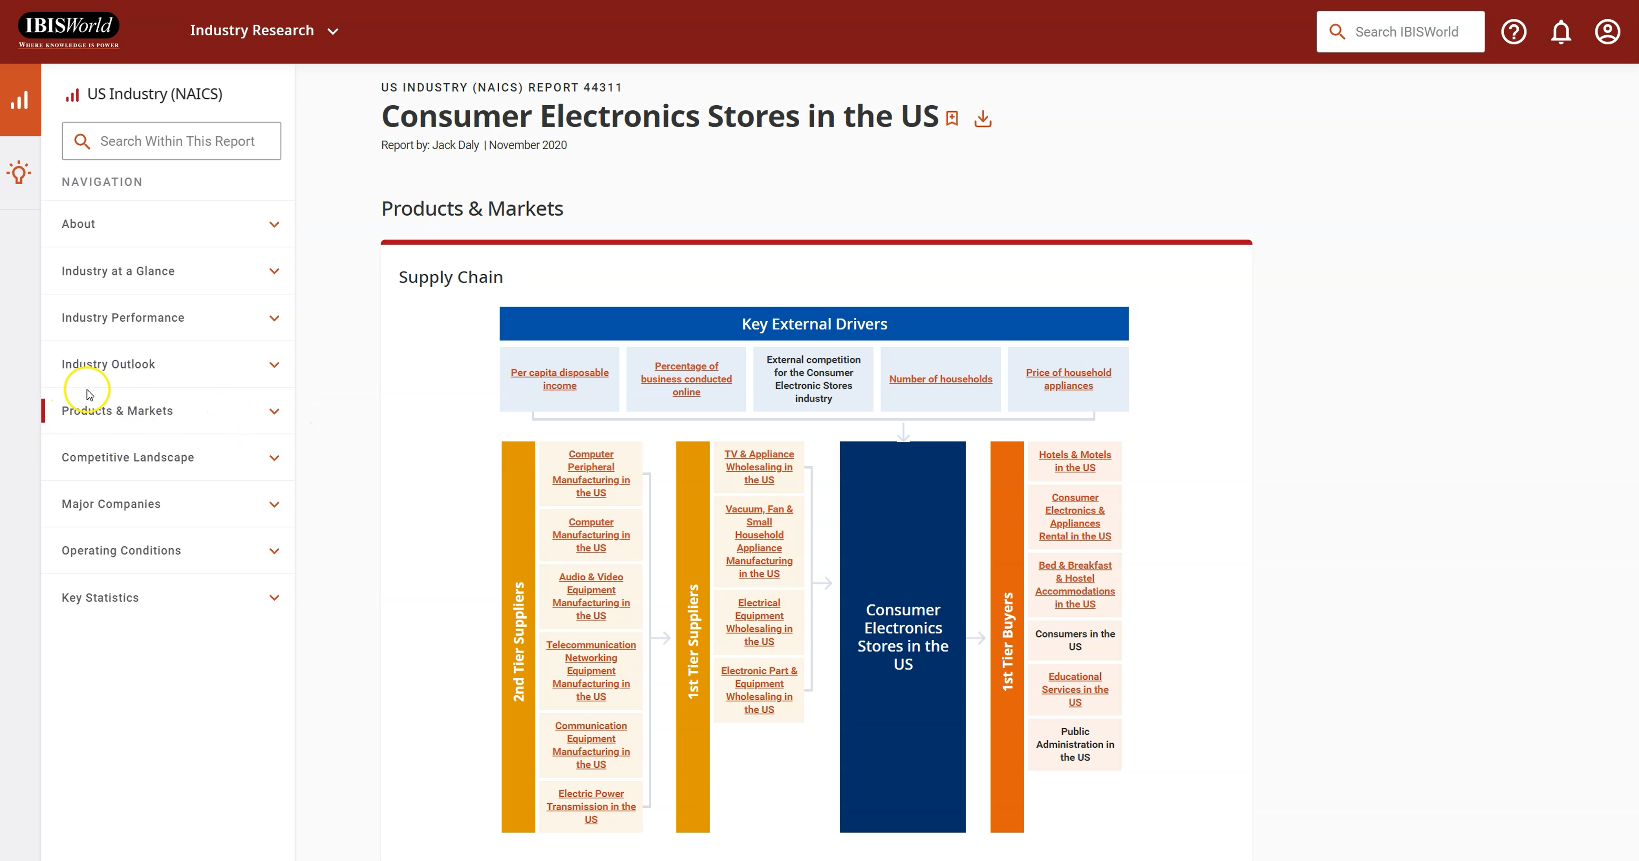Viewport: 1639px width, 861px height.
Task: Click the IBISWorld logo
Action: coord(69,30)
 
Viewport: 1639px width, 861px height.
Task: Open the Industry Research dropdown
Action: coord(264,31)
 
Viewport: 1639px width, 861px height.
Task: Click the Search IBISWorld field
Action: coord(1401,32)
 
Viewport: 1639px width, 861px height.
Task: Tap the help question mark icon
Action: coord(1514,32)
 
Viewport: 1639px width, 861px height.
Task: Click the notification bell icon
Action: coord(1561,32)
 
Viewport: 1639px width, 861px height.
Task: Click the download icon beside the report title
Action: coord(983,119)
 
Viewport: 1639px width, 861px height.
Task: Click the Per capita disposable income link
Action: coord(559,379)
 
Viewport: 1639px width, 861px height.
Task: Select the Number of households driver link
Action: coord(940,379)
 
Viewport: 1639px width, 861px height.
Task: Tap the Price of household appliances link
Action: coord(1068,379)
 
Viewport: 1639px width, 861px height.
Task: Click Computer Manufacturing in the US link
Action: coord(591,535)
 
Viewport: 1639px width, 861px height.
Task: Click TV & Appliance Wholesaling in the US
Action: coord(759,467)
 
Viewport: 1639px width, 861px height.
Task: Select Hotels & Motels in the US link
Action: coord(1075,461)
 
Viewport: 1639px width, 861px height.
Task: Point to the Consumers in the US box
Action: coord(1075,640)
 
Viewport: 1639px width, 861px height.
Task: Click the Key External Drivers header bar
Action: coord(814,324)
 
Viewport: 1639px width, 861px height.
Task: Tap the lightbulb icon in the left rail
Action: coord(19,172)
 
